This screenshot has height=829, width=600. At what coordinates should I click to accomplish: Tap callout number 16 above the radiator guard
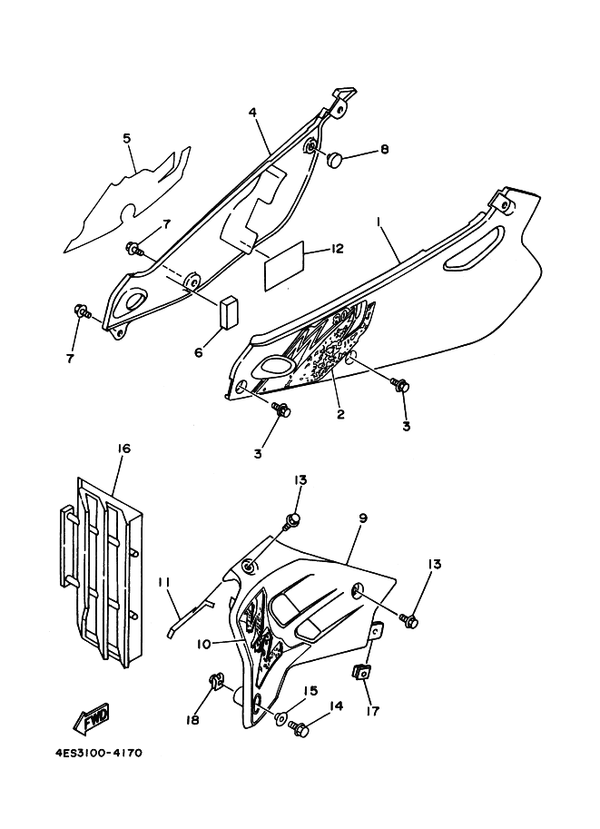pos(124,449)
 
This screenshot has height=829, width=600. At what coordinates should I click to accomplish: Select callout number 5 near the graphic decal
pos(128,139)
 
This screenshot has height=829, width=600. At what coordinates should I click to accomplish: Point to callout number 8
pos(384,149)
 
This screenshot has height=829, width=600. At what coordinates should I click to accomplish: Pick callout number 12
pos(336,249)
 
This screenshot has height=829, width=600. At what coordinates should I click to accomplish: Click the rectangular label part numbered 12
pos(284,271)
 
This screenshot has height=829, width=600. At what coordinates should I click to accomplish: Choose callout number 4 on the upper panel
pos(253,113)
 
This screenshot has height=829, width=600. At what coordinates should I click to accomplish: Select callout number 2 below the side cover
pos(339,415)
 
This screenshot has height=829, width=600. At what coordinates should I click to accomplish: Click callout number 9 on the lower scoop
pos(362,518)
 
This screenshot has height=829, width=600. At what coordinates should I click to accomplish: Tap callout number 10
pos(205,644)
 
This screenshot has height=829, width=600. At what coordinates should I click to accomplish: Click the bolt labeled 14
pos(300,728)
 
